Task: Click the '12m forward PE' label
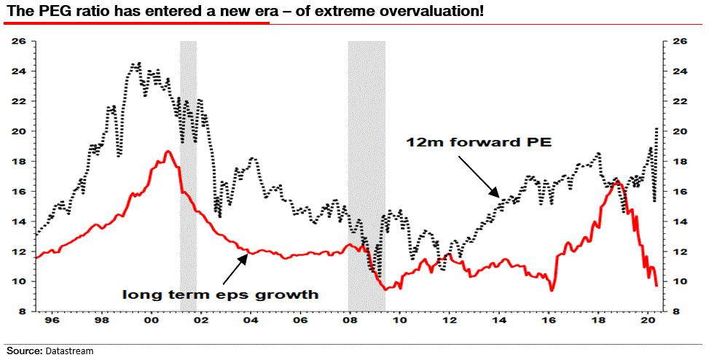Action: coord(478,143)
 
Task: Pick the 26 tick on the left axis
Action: coord(19,42)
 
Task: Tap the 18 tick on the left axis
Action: coord(19,162)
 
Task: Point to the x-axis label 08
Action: coord(350,319)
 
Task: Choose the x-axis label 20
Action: coord(648,319)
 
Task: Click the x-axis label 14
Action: coord(499,319)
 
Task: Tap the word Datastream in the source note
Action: coord(69,351)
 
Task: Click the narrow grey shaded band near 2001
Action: coord(188,175)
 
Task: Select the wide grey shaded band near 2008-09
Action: coord(366,175)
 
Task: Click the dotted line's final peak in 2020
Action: coord(658,128)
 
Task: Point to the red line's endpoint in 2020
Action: coord(657,285)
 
